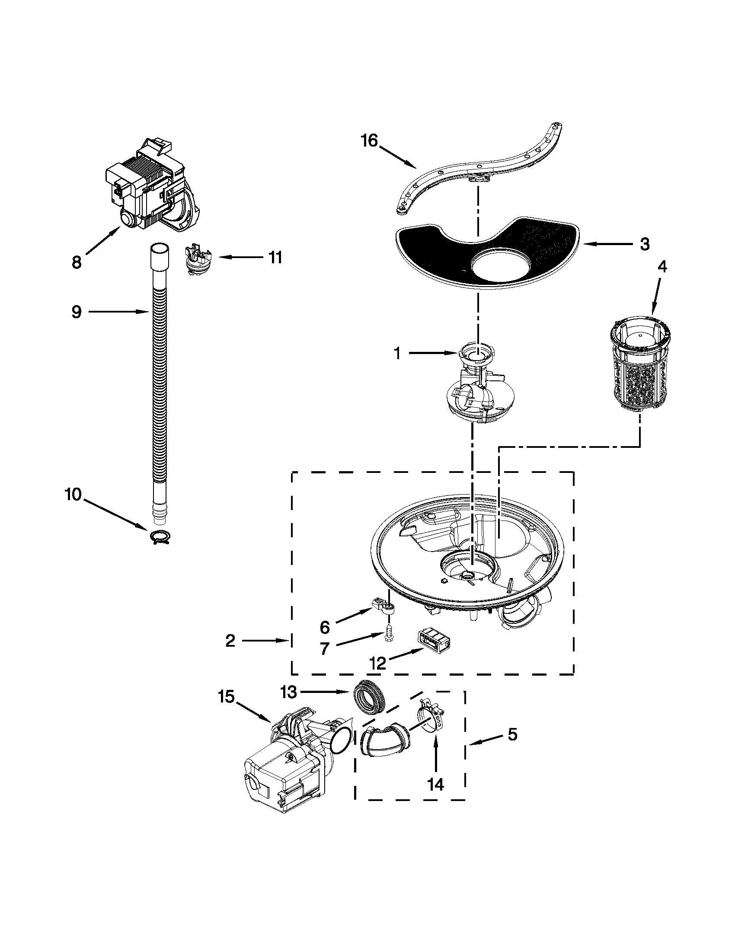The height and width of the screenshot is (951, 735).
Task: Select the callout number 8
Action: [77, 262]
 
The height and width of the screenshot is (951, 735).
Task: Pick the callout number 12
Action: [377, 663]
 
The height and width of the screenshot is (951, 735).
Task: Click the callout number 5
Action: [512, 734]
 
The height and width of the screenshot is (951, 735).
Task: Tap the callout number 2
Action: [230, 641]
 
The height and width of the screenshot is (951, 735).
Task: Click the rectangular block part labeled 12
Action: [433, 643]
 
